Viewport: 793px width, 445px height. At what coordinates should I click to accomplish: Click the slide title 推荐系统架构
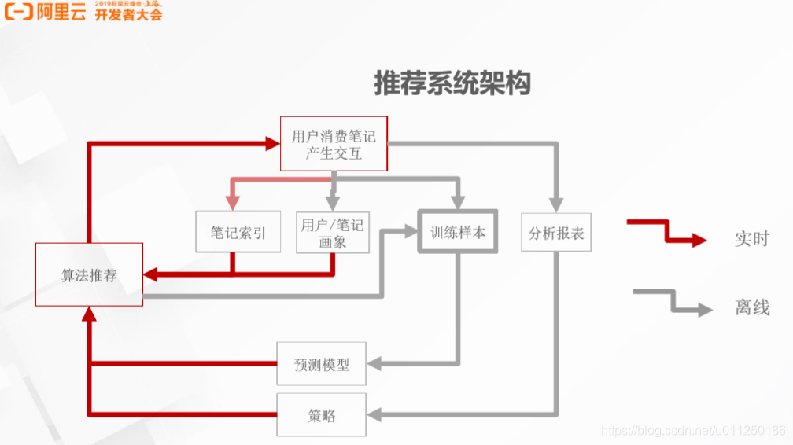click(x=452, y=83)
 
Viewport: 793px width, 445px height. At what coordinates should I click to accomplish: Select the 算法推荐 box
click(x=89, y=274)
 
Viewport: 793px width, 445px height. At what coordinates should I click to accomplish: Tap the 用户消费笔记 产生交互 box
click(x=334, y=144)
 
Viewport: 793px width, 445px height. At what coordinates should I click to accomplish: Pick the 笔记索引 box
click(x=238, y=232)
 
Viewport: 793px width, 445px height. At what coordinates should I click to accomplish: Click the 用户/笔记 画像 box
click(x=332, y=232)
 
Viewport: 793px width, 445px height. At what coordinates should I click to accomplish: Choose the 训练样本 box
click(x=458, y=232)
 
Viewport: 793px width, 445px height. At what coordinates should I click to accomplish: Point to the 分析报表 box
click(x=556, y=232)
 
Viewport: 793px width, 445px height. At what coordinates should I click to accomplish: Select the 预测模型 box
click(x=321, y=364)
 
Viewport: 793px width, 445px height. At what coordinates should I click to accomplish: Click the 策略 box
click(x=321, y=415)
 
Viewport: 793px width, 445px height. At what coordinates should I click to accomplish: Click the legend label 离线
click(x=751, y=307)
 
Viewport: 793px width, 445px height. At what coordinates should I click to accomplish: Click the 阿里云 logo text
click(x=61, y=12)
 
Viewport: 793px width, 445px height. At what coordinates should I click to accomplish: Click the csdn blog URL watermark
click(x=692, y=430)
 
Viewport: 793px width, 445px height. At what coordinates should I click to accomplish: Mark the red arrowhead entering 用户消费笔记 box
click(x=272, y=143)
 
